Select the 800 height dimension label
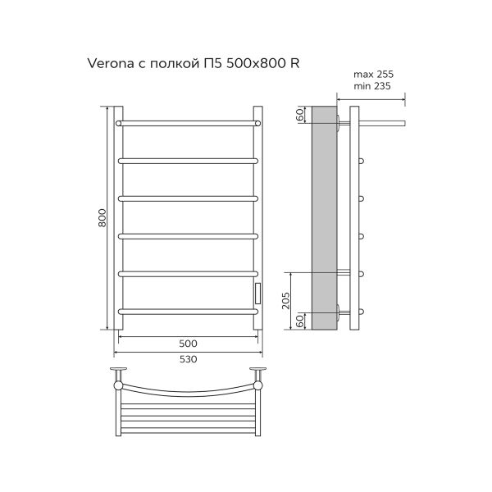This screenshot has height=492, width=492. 102,217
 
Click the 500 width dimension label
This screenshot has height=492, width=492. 188,343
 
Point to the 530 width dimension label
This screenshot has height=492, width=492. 188,359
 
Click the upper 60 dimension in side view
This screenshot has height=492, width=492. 301,115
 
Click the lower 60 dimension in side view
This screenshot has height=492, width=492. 301,321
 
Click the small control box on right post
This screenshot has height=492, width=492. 257,292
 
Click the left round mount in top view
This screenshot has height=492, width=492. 120,384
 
